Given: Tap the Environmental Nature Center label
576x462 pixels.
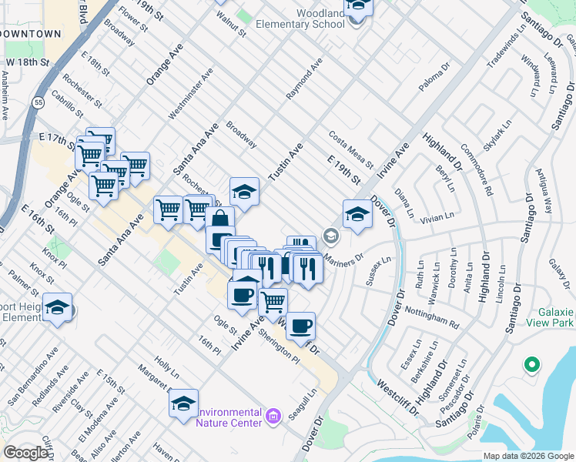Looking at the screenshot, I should pyautogui.click(x=229, y=417).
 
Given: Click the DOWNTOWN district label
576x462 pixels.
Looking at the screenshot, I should pyautogui.click(x=31, y=35).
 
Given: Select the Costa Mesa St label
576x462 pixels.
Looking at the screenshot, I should pyautogui.click(x=351, y=149).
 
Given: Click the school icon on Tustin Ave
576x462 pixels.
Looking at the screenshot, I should pyautogui.click(x=244, y=191).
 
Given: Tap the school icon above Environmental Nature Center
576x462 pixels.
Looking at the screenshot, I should pyautogui.click(x=183, y=403).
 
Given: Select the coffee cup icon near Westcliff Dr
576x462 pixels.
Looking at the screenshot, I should pyautogui.click(x=300, y=325).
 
